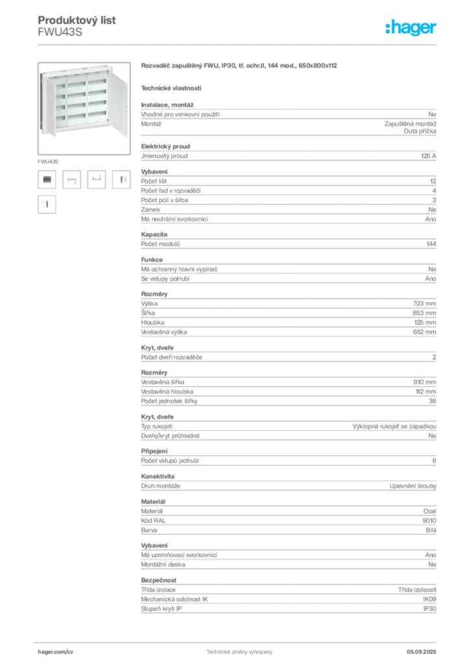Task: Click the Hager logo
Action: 411,27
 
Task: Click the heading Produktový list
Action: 77,20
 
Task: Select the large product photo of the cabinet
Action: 84,108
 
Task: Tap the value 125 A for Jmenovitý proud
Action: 428,156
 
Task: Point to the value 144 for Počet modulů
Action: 431,244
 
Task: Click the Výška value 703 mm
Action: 424,304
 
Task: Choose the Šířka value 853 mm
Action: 424,313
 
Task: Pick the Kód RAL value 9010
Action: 429,521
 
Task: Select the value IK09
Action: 429,599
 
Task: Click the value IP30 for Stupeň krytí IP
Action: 430,609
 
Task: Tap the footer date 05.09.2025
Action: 421,652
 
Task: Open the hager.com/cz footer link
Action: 56,652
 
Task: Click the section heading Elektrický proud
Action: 166,146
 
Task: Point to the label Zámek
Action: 151,210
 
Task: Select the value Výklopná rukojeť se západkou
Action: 394,426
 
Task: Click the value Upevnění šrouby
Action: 413,486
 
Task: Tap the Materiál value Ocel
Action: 430,512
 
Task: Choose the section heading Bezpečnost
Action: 158,580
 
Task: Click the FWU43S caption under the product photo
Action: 48,162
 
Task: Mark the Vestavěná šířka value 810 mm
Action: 425,382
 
